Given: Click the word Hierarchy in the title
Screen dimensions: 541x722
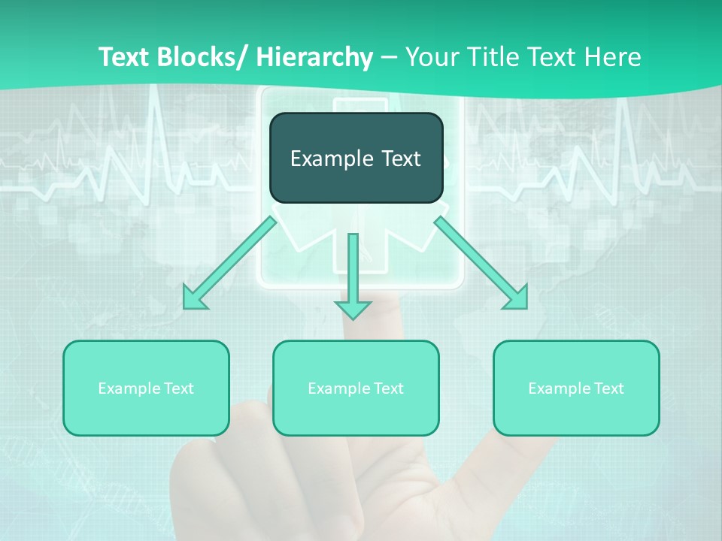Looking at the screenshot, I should pyautogui.click(x=314, y=57).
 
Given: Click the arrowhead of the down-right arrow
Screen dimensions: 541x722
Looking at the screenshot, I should pyautogui.click(x=517, y=298).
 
